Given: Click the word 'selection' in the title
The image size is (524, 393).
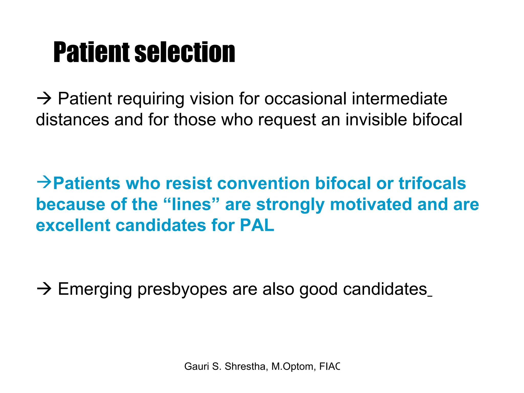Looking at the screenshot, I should coord(184,52).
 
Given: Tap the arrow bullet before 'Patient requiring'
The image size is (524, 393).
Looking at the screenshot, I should coord(44,99).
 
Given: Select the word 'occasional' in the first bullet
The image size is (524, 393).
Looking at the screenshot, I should coord(305,99).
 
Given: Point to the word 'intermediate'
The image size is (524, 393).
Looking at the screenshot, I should coord(399,99).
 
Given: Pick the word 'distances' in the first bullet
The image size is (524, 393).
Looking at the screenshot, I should coord(72,119).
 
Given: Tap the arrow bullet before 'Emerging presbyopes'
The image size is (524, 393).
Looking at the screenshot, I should coord(44,289).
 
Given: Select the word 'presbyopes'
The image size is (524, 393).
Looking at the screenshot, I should coord(182,290).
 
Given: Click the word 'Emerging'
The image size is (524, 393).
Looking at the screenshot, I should coord(95,290).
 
